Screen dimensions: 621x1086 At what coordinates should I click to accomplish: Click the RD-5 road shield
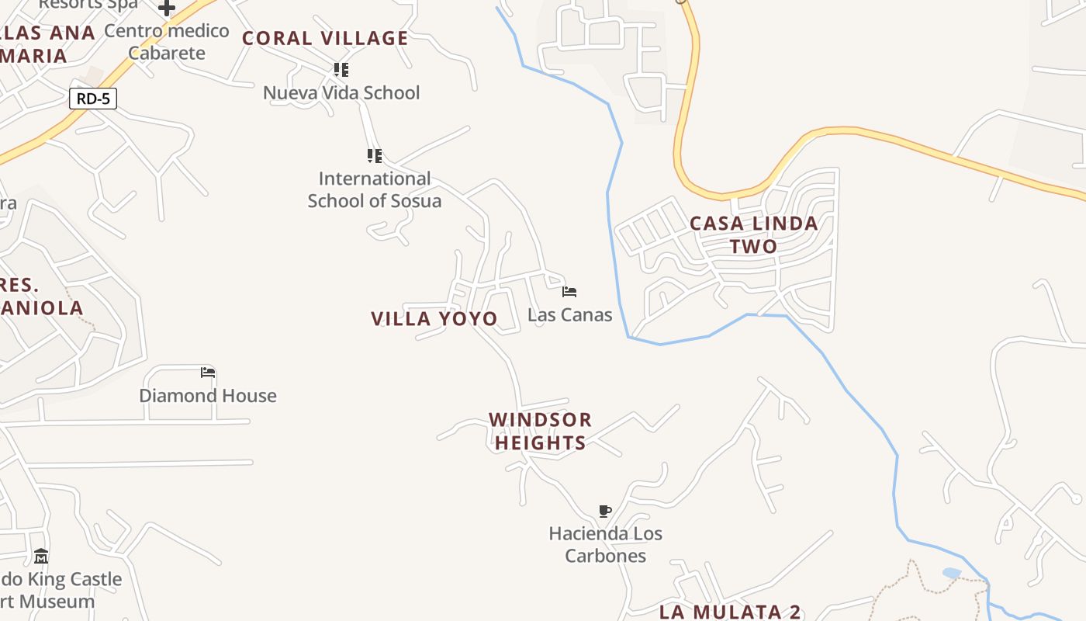pos(93,99)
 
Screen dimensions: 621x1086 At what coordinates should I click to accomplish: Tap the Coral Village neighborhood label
pos(325,38)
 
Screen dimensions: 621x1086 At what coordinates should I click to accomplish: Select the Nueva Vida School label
pos(341,93)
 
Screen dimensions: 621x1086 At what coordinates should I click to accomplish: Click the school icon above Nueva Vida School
pos(341,70)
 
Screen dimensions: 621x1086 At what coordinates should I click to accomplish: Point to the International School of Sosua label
pos(375,189)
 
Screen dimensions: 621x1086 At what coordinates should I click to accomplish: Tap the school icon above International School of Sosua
pos(375,156)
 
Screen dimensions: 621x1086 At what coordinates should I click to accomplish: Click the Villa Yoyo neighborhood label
pos(434,318)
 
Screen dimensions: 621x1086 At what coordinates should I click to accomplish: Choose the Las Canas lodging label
pos(569,315)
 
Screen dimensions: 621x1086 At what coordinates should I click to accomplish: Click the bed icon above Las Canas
pos(569,292)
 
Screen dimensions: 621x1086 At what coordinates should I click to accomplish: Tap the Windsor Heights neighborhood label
pos(541,431)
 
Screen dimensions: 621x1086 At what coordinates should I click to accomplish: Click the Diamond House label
pos(208,396)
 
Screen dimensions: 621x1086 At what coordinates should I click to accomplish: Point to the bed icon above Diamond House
pos(207,373)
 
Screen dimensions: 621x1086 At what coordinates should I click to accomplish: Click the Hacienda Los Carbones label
pos(606,544)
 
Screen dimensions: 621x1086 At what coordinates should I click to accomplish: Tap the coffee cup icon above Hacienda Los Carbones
pos(605,511)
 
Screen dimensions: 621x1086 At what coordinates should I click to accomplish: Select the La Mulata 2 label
pos(729,612)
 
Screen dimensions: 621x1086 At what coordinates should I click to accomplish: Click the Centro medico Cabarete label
pos(167,42)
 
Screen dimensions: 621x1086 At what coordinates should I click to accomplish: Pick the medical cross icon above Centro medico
pos(167,9)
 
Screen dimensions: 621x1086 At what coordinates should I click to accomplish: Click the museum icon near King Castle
pos(41,557)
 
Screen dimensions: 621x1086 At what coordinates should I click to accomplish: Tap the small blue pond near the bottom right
pos(952,573)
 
